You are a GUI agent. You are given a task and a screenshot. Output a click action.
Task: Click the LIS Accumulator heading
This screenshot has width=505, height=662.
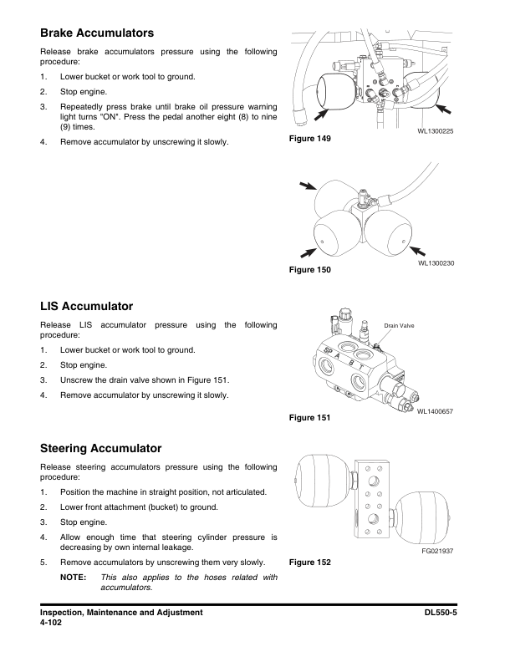tap(87, 307)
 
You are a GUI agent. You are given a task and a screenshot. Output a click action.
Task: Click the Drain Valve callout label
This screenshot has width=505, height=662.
tap(399, 324)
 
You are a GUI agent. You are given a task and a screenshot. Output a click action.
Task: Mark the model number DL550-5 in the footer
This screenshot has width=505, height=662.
tap(444, 613)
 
